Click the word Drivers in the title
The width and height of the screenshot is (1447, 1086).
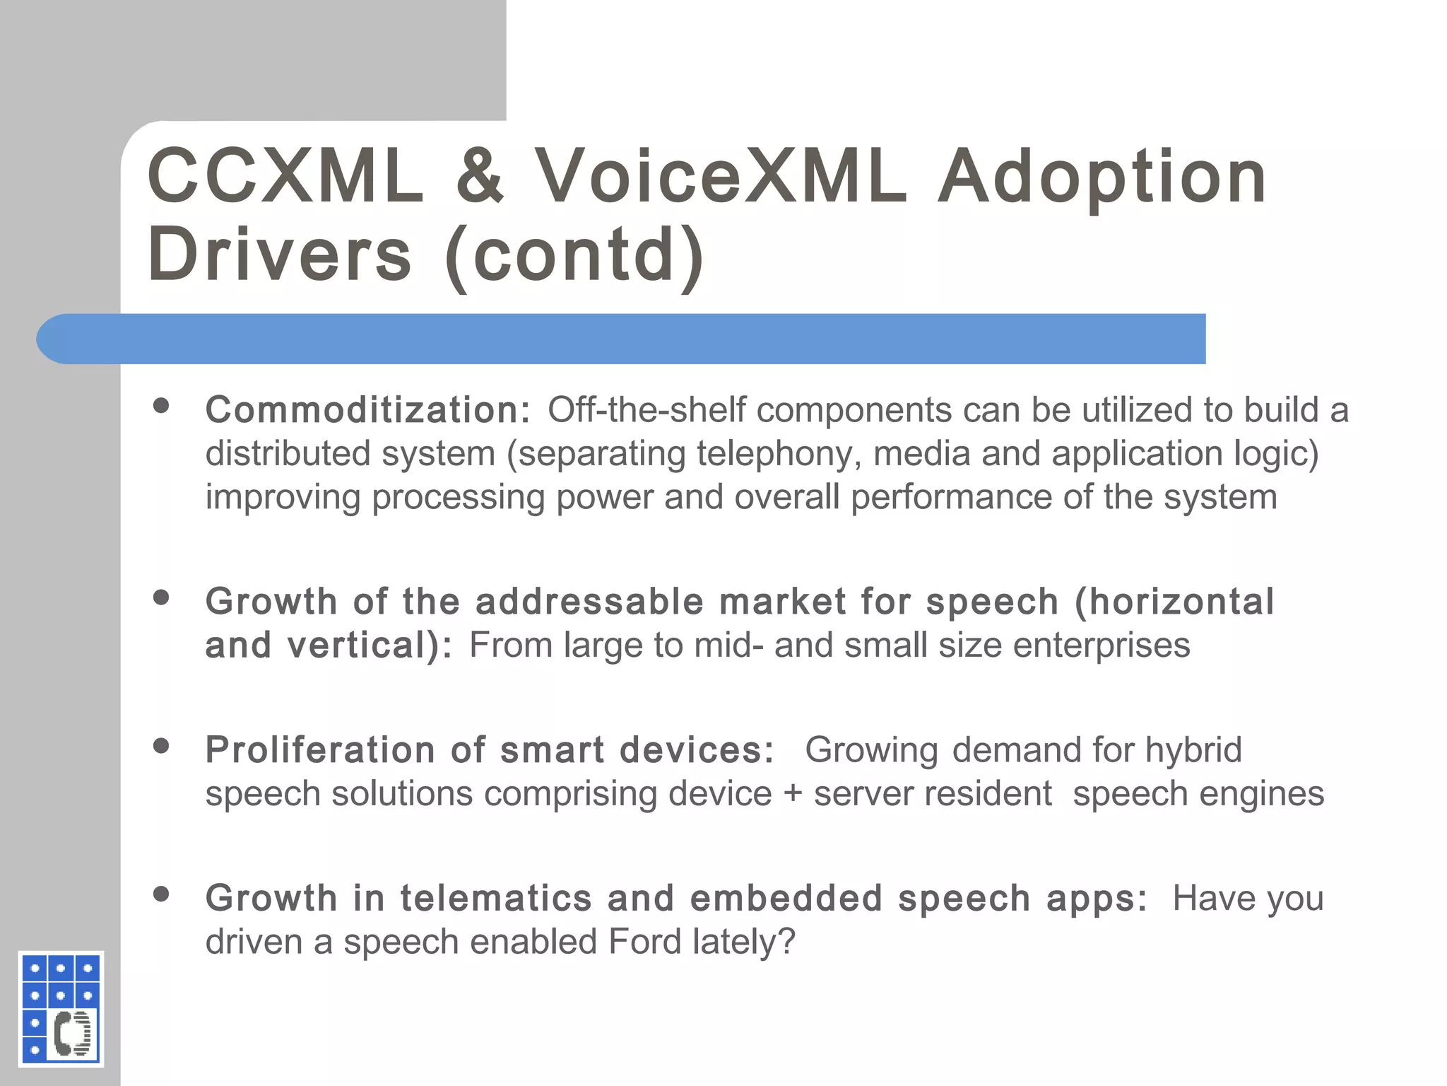279,255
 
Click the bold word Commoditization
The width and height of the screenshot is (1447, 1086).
367,410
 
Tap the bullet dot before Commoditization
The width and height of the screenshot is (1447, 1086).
162,405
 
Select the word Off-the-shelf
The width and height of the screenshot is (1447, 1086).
646,410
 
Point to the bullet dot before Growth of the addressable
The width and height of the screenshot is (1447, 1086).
162,597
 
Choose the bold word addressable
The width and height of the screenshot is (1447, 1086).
589,602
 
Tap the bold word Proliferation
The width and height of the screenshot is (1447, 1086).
320,750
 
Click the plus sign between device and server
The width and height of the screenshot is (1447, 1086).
793,794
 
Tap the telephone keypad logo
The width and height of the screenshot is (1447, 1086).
61,1008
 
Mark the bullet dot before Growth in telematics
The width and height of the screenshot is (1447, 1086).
162,894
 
